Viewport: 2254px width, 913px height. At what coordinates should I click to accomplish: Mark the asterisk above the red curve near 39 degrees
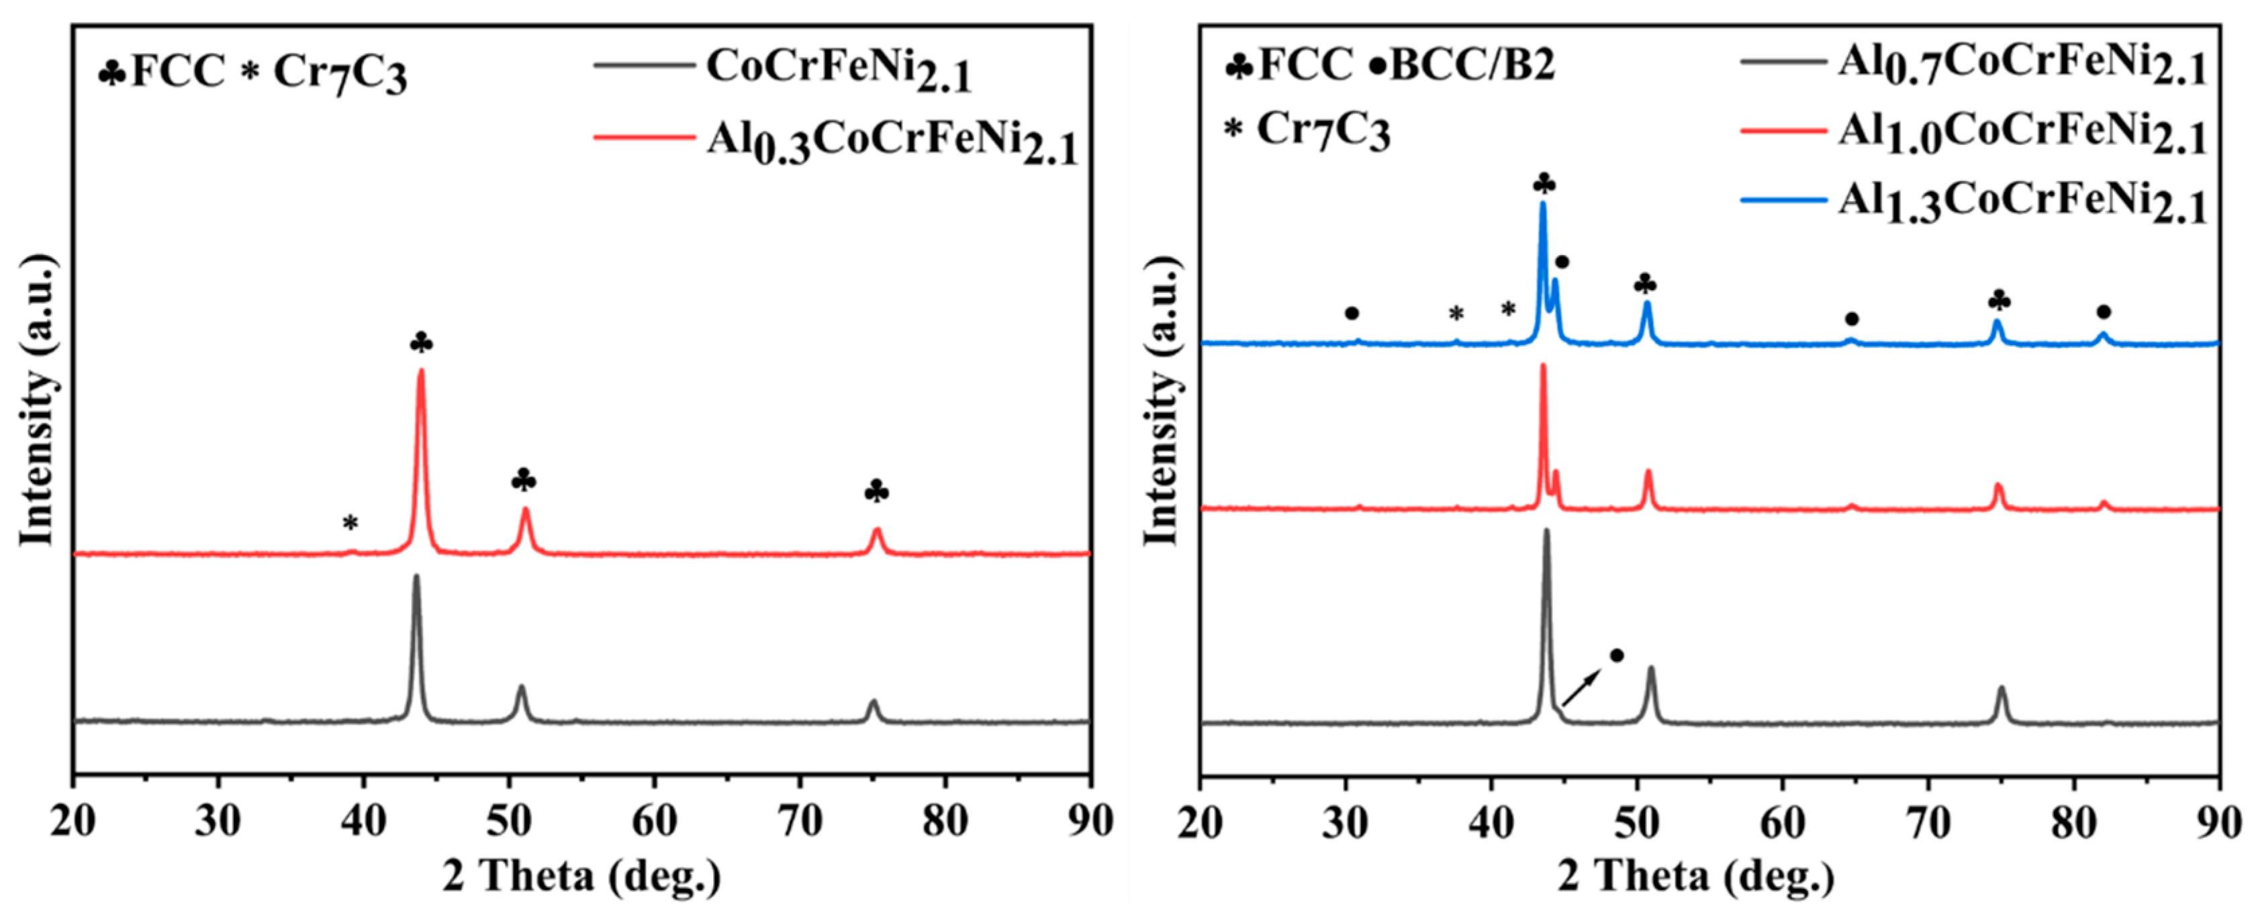point(350,524)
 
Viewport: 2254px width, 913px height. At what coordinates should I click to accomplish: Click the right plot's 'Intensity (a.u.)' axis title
point(1162,401)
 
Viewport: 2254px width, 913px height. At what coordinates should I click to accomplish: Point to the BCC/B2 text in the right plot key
point(1472,66)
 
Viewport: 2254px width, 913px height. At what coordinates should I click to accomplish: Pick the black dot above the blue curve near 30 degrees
point(1352,313)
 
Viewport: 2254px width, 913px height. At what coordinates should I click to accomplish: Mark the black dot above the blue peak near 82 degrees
point(2104,312)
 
